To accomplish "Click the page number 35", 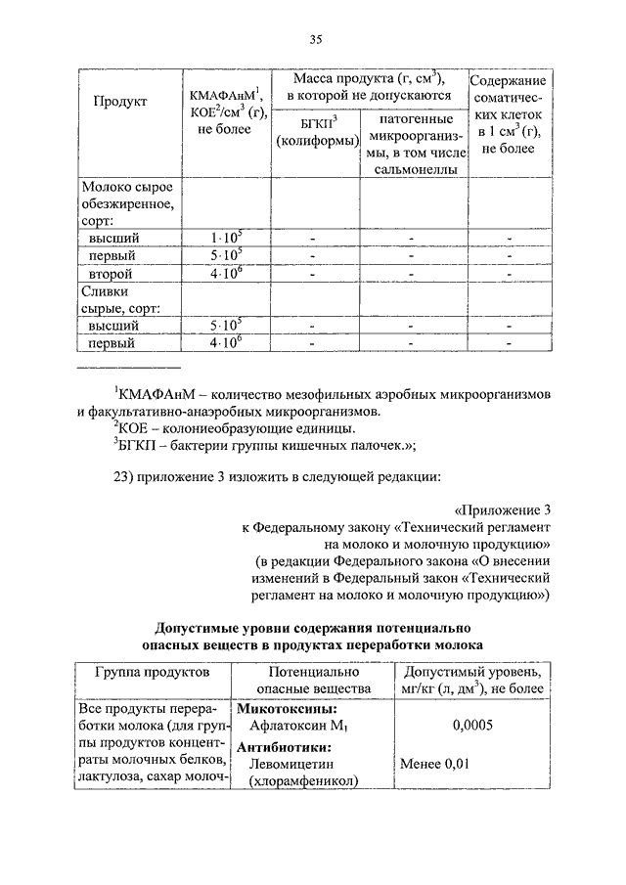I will [x=316, y=40].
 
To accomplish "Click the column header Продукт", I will [x=120, y=103].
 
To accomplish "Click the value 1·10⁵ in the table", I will [x=226, y=238].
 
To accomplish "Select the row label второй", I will [x=111, y=274].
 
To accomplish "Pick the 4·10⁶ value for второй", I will [x=226, y=274].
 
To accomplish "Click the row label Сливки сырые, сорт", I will [x=114, y=299].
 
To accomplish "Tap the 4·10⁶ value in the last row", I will [x=226, y=343].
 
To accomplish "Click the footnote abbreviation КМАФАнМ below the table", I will [x=156, y=394].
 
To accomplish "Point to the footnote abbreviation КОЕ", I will [x=134, y=428].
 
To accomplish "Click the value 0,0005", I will [x=472, y=726].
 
